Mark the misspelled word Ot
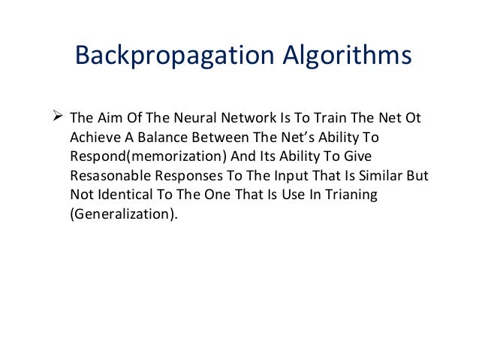click(x=413, y=120)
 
